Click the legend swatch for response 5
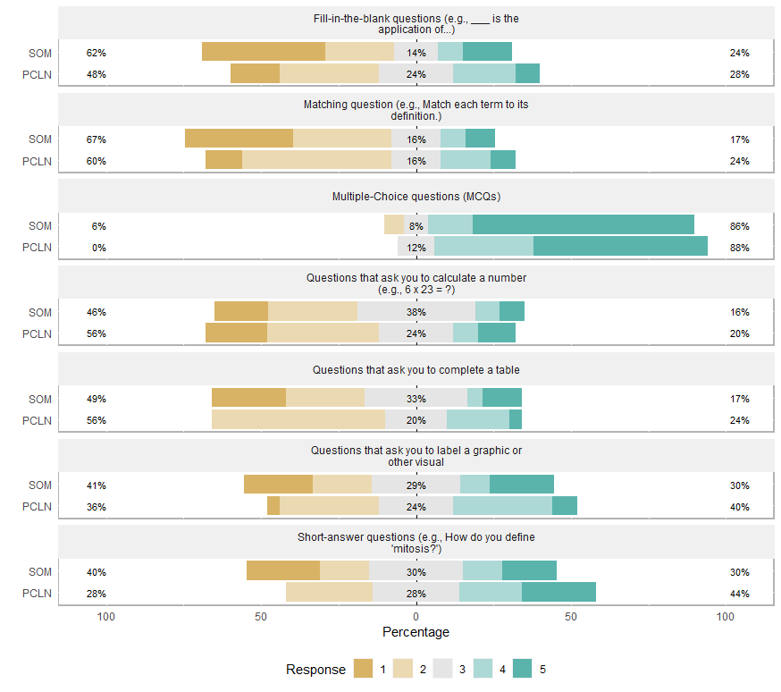tap(523, 669)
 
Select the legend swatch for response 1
tap(363, 669)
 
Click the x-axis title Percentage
tap(416, 632)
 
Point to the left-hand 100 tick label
tap(106, 617)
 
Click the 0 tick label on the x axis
tap(416, 617)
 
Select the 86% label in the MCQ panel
tap(739, 226)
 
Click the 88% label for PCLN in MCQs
tap(739, 248)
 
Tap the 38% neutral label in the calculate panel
tap(416, 313)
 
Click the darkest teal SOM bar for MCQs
tap(584, 225)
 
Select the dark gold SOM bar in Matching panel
tap(239, 139)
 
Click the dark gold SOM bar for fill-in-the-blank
tap(264, 52)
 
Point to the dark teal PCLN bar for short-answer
tap(558, 592)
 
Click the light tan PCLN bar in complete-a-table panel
tap(298, 419)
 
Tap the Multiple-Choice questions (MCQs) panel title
tap(416, 197)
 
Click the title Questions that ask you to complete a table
tap(416, 369)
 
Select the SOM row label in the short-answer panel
tap(40, 572)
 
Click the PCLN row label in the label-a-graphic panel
tap(38, 507)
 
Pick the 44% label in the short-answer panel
tap(739, 594)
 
